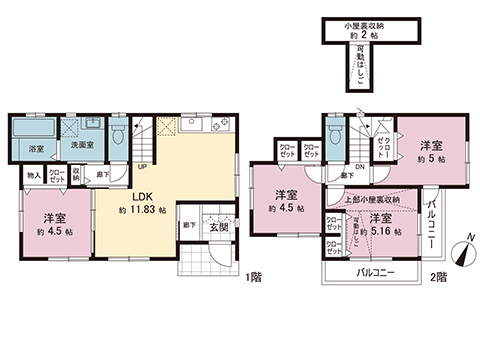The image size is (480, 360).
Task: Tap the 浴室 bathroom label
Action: tap(35, 149)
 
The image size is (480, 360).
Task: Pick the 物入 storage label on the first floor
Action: tap(33, 176)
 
